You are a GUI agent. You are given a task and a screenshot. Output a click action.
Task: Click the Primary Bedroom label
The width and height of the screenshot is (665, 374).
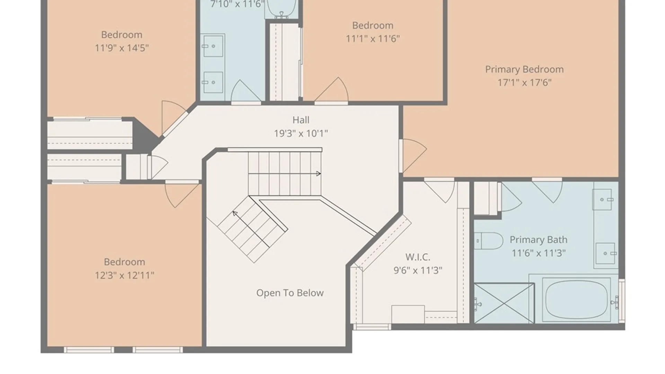[524, 70]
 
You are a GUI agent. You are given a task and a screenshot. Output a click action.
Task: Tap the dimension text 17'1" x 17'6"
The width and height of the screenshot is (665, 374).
[524, 83]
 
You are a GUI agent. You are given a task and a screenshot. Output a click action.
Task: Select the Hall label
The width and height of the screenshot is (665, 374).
[301, 120]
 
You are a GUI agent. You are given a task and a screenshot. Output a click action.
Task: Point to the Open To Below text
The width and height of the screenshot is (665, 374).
[290, 293]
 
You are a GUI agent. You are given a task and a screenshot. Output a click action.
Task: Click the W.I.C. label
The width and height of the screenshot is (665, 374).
[418, 257]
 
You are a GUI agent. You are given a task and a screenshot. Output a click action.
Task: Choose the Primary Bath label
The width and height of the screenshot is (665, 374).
[538, 240]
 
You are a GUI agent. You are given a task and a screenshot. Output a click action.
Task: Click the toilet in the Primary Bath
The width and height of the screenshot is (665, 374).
[489, 241]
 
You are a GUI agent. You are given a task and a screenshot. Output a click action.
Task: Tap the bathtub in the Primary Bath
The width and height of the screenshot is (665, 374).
[577, 300]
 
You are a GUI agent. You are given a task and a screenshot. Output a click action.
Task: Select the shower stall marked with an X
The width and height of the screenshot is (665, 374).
[504, 303]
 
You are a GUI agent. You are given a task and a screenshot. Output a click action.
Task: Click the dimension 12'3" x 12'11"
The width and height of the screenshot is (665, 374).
[125, 276]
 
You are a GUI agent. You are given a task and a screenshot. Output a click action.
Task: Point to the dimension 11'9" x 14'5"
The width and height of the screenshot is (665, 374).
[122, 48]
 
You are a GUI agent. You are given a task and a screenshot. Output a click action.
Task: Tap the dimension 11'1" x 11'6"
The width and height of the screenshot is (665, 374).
[373, 38]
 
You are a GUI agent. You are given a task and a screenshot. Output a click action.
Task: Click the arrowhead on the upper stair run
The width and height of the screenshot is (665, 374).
[318, 173]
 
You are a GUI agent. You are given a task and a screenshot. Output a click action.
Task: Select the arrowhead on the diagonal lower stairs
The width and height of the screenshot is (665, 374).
[235, 213]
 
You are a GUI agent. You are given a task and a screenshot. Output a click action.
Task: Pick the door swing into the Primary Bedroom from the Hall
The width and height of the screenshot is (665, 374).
[413, 155]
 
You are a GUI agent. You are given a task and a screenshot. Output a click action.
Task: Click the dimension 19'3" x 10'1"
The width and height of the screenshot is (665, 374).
[301, 134]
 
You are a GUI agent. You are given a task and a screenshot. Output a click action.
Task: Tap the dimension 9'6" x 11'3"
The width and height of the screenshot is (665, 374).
[418, 270]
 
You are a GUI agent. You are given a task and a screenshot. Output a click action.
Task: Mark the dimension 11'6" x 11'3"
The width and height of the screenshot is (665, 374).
[539, 253]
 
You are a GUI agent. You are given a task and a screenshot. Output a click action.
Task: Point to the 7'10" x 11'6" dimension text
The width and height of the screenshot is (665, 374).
[237, 4]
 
